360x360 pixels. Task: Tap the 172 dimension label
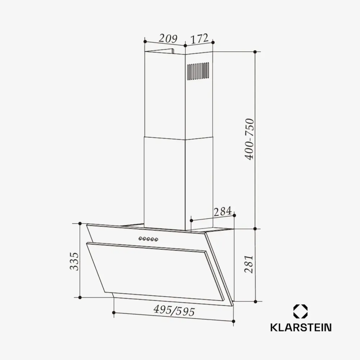[x=199, y=38]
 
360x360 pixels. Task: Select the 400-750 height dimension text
[x=249, y=139]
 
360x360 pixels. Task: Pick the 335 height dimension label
[x=73, y=261]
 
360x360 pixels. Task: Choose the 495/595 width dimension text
[x=174, y=310]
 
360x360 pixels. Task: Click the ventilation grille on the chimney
[x=198, y=71]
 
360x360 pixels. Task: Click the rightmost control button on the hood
[x=156, y=239]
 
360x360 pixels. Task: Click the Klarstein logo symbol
[x=301, y=312]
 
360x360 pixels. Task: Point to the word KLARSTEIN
[x=301, y=327]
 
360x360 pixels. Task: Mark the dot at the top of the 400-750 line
[x=255, y=52]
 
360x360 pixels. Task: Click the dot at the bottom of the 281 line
[x=255, y=301]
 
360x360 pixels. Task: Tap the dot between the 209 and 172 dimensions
[x=185, y=46]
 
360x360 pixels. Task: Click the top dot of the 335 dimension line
[x=80, y=224]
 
